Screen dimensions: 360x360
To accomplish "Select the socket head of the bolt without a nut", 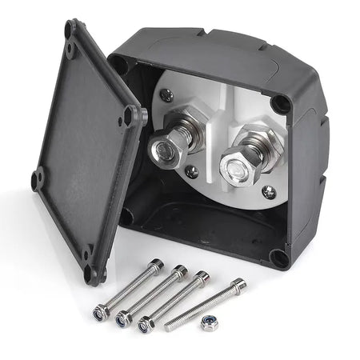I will [237, 283].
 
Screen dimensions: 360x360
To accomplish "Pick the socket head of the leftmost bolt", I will [157, 265].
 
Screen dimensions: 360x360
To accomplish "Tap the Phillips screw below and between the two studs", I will [191, 170].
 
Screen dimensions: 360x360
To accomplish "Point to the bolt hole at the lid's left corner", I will [38, 178].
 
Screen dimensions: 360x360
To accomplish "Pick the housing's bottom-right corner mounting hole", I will [278, 258].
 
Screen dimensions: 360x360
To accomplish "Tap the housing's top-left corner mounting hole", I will [120, 64].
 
